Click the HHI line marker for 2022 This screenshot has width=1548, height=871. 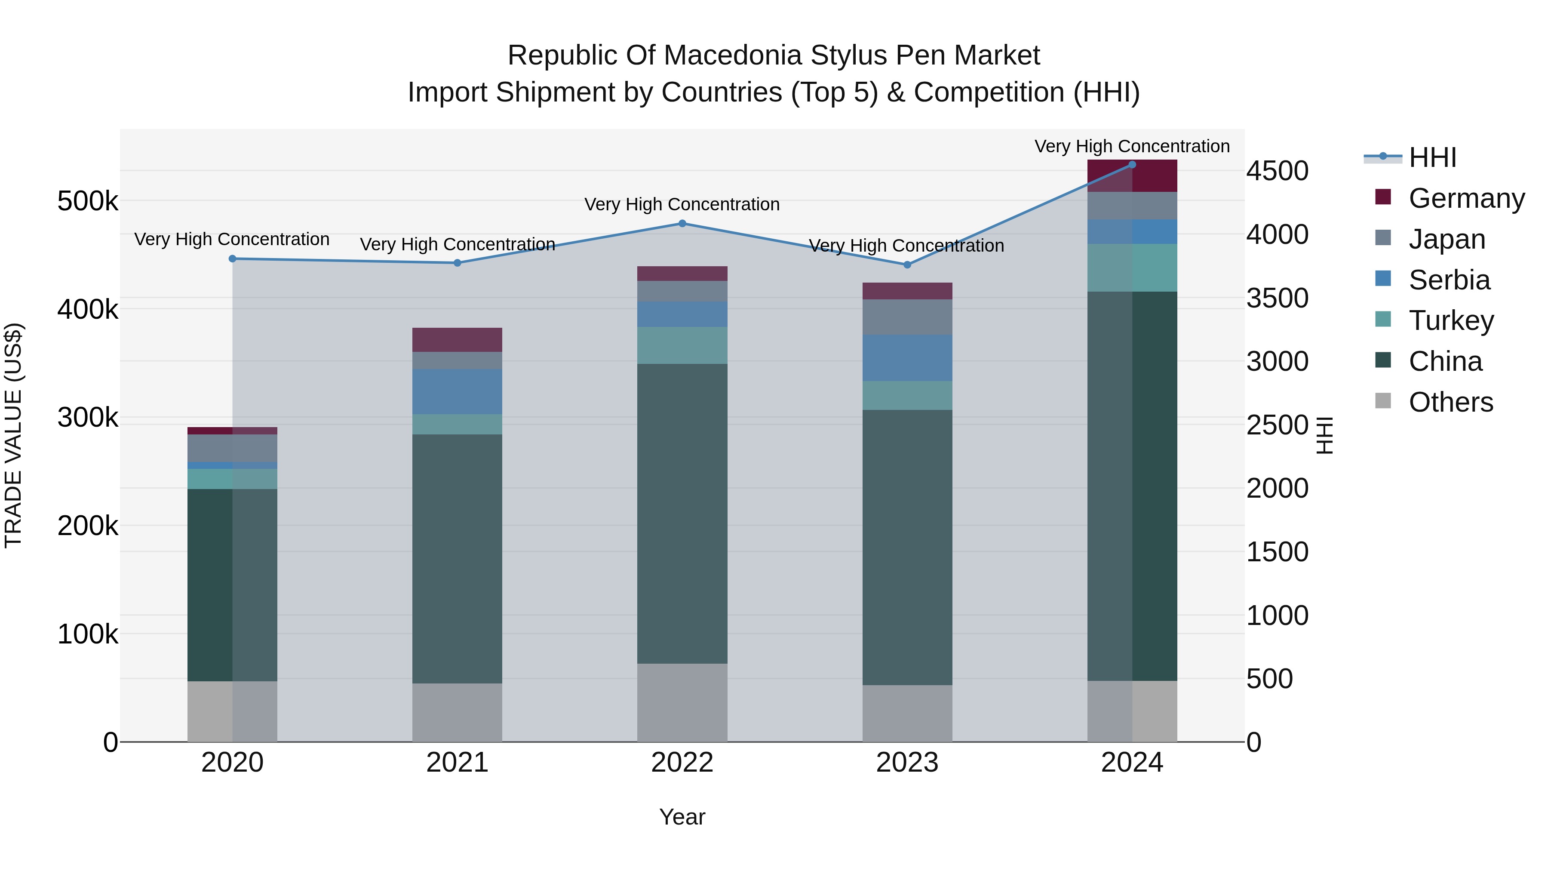tap(682, 224)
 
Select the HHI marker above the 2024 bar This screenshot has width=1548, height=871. tap(1132, 165)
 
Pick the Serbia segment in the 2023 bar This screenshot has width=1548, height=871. tap(907, 358)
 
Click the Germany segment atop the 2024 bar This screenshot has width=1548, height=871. tap(1132, 176)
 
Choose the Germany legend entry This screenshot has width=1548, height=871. tap(1466, 198)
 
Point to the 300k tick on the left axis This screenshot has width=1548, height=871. tap(88, 418)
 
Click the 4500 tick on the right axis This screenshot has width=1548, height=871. tap(1277, 171)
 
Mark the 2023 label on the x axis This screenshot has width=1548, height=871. tap(907, 763)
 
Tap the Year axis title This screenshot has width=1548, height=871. tap(682, 817)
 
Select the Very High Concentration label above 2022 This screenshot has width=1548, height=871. tap(682, 204)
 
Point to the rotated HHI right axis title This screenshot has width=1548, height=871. tap(1324, 435)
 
